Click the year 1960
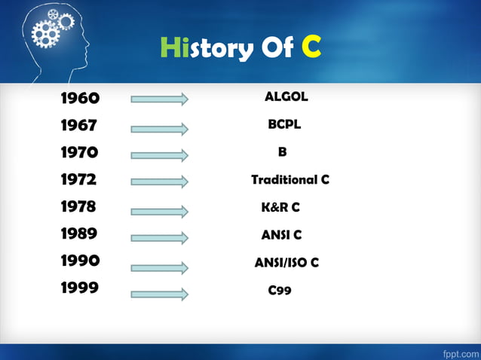[80, 98]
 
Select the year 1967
[79, 126]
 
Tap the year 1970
[80, 153]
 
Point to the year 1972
[79, 180]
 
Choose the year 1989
[79, 233]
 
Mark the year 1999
[80, 288]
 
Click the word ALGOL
[286, 97]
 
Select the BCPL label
[284, 125]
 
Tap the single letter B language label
[282, 152]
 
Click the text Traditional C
[290, 180]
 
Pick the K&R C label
[280, 207]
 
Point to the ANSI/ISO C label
[286, 262]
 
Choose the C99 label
[280, 290]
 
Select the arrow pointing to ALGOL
[159, 99]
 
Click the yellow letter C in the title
[311, 48]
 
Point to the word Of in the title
[278, 49]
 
